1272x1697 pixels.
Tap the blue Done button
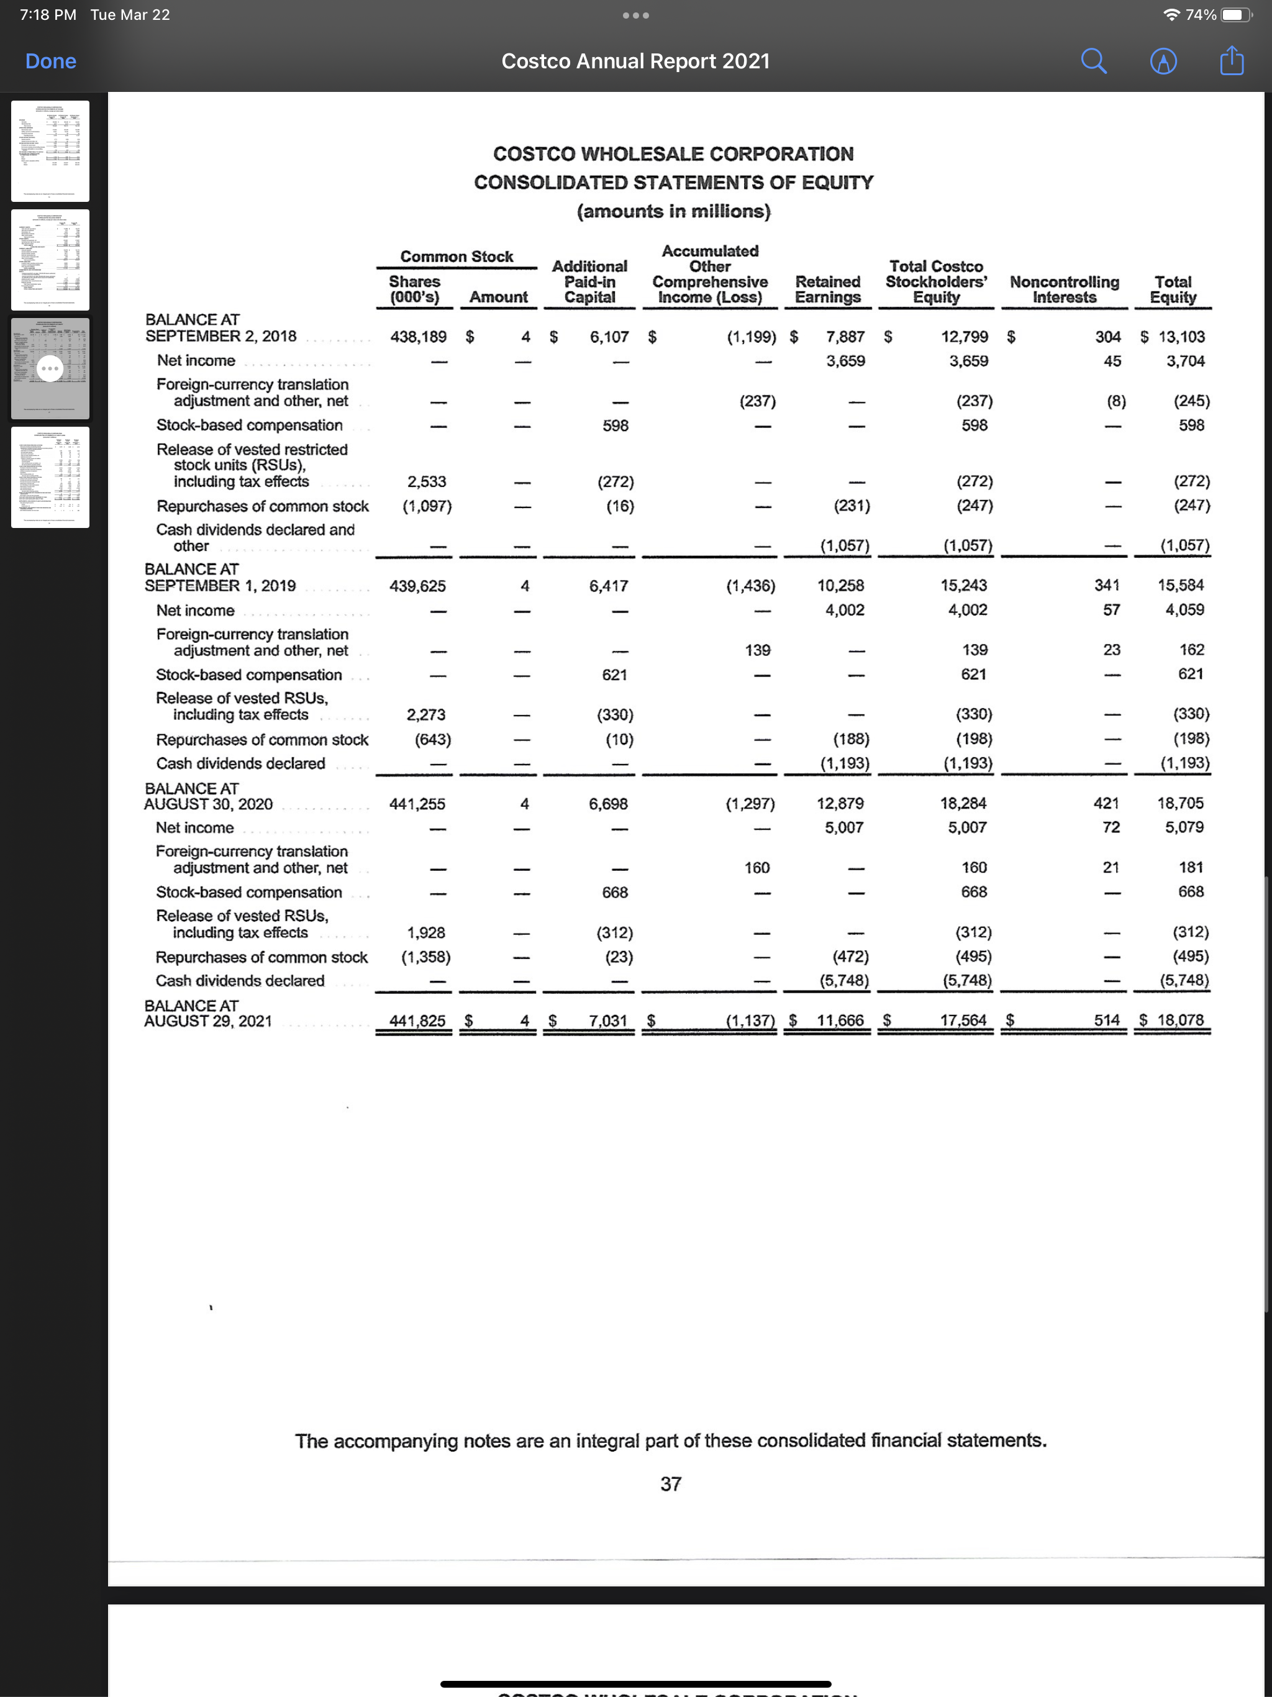[51, 61]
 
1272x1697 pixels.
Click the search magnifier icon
[1093, 61]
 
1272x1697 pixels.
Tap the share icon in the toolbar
[1232, 61]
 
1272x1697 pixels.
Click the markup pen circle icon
[1163, 61]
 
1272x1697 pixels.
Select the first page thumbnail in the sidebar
[51, 151]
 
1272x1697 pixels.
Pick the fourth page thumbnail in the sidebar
[51, 477]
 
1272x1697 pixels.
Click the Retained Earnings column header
[827, 289]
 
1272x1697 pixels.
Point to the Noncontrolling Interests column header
[1064, 289]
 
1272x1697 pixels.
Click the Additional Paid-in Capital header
[589, 281]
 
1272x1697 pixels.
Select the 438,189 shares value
[418, 337]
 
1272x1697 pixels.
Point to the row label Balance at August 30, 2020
[209, 796]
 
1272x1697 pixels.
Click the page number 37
[671, 1485]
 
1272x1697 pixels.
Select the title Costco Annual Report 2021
[635, 61]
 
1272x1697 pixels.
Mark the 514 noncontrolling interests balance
[1106, 1021]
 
